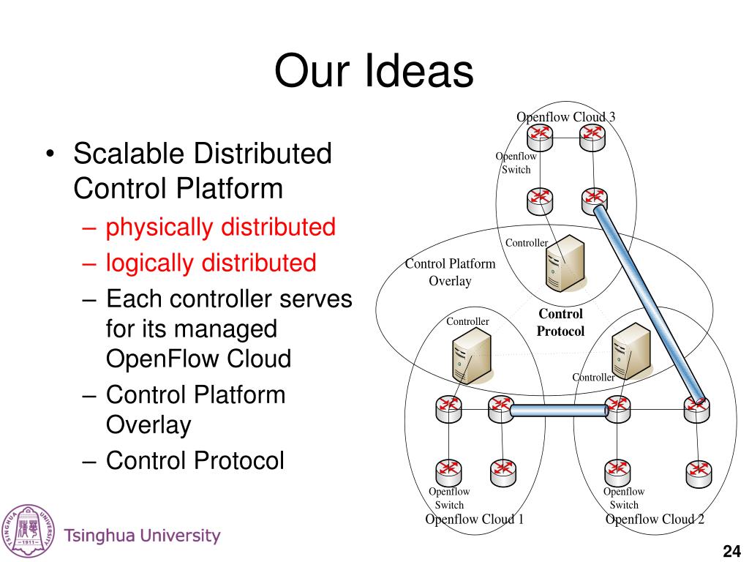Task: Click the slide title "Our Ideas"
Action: (374, 72)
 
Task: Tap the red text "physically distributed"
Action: (220, 228)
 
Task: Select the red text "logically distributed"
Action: (211, 263)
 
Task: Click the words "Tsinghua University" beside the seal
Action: (142, 536)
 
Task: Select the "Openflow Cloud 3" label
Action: (565, 117)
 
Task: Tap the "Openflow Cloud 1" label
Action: (474, 520)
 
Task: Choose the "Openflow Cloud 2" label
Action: (655, 520)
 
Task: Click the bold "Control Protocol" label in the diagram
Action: (560, 323)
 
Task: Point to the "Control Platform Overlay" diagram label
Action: (450, 272)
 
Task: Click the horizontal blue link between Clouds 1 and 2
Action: (559, 411)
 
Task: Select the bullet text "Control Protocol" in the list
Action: (195, 460)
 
